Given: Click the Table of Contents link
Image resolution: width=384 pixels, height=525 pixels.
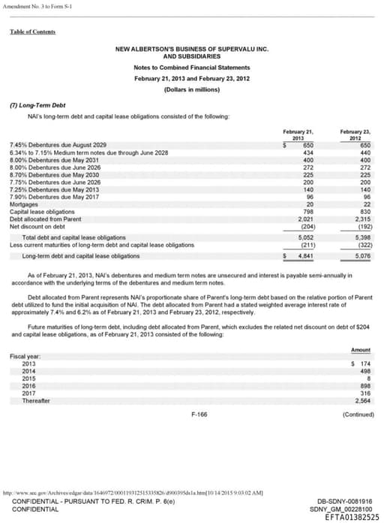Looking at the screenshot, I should coord(32,32).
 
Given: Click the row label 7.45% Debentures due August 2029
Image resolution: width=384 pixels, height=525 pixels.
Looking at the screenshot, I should coord(58,144).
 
